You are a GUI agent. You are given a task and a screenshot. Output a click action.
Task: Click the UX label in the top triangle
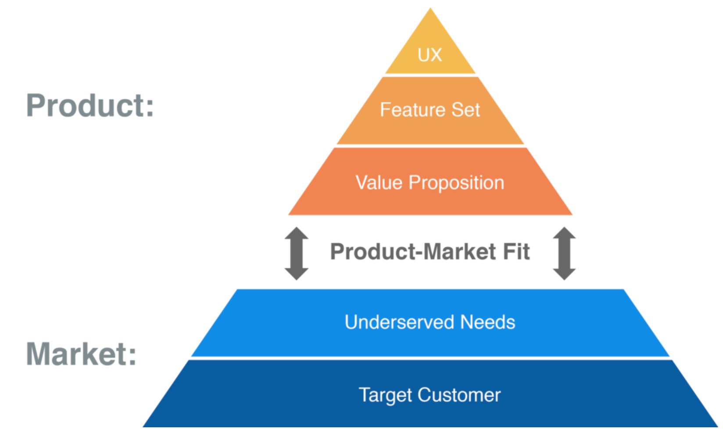pos(430,54)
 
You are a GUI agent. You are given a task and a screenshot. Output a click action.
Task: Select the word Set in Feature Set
pos(466,109)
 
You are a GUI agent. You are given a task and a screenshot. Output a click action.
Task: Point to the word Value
pos(379,183)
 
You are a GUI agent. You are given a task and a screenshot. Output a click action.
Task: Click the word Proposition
pos(456,184)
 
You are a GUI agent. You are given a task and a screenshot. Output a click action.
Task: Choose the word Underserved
pos(399,322)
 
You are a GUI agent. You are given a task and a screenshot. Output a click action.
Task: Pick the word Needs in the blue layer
pos(488,322)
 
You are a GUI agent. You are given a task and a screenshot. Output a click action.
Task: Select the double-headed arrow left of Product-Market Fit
pos(296,253)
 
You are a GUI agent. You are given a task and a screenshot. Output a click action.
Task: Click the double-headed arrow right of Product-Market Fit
pos(564,253)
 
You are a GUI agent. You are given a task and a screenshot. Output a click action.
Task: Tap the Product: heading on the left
pos(90,105)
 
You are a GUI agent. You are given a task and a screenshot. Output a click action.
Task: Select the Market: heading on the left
pos(81,354)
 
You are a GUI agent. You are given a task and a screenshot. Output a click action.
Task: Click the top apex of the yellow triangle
pos(430,8)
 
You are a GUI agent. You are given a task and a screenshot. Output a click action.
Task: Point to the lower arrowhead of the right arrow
pos(564,274)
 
